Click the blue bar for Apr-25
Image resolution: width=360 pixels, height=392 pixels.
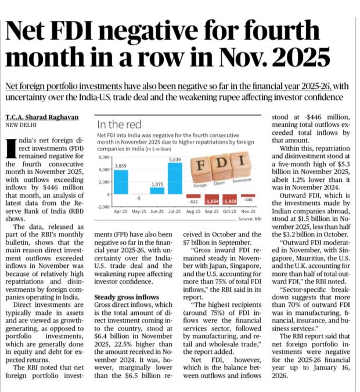pos(121,182)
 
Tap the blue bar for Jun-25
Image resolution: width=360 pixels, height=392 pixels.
pos(157,191)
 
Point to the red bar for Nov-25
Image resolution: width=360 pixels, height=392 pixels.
pos(248,196)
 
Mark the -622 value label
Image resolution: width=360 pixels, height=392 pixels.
pos(194,202)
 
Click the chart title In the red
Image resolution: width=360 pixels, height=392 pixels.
pos(119,124)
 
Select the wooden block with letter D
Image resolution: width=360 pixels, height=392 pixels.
pos(221,163)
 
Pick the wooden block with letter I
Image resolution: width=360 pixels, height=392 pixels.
pos(241,160)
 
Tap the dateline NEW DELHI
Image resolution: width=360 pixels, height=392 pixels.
pos(19,125)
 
